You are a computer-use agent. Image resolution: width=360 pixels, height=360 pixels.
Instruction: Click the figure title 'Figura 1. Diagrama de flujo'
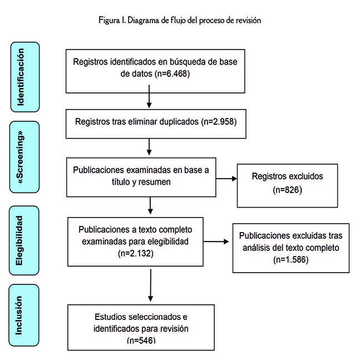click(179, 21)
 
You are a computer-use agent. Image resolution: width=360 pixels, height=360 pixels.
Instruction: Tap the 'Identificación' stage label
click(21, 77)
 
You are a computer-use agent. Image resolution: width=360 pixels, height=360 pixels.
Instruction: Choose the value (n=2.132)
click(136, 253)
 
